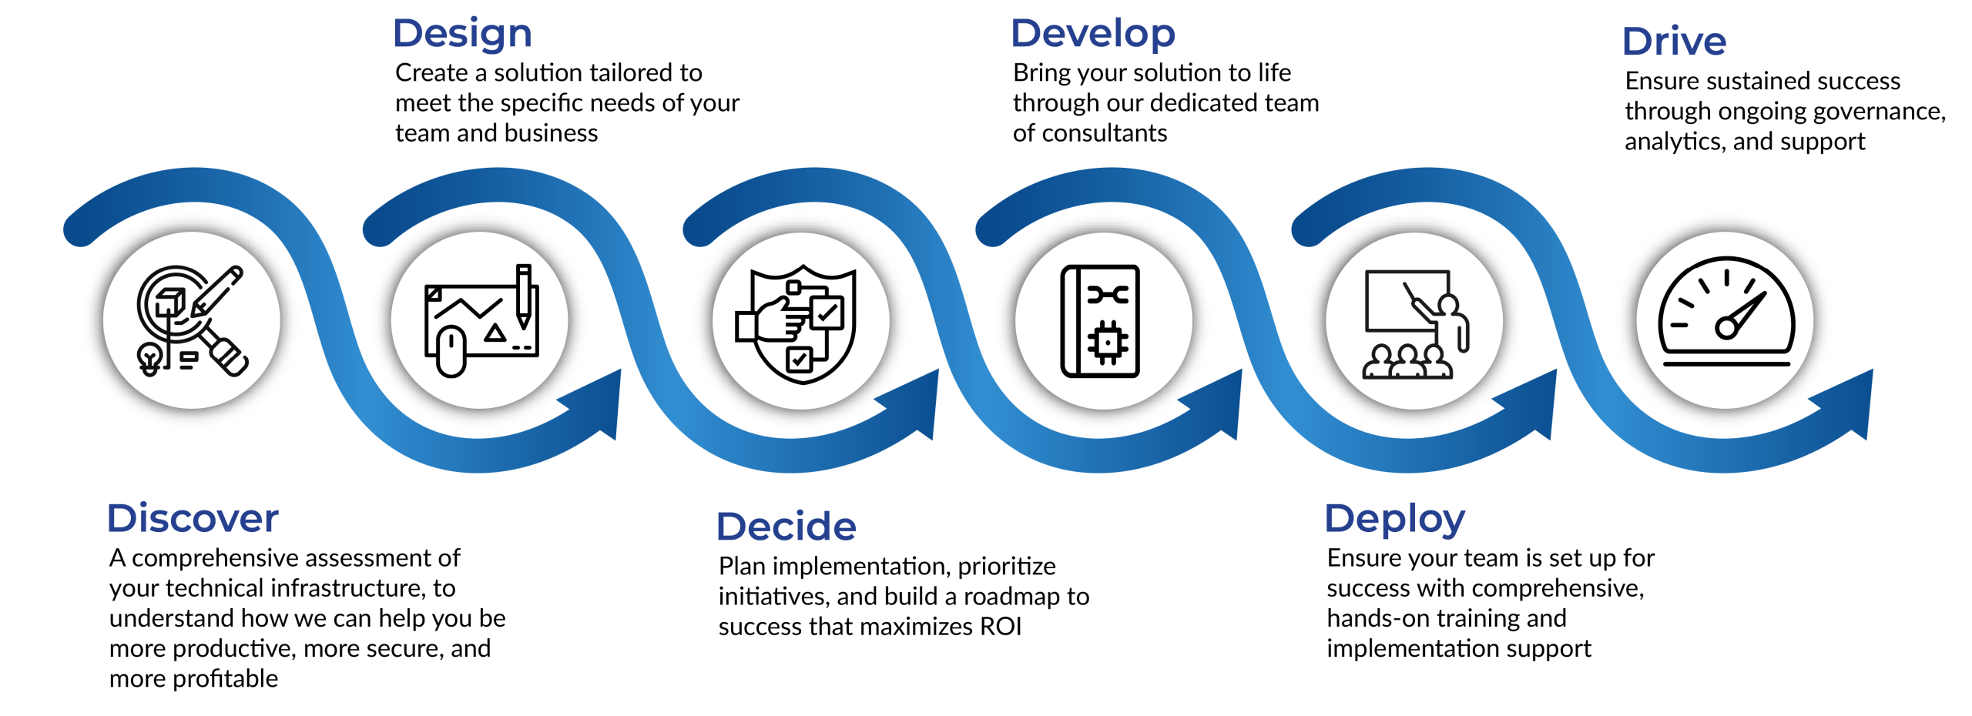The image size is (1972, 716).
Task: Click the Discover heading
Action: (193, 518)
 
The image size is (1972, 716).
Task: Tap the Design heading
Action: (462, 34)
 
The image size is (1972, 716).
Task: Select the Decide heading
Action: (786, 527)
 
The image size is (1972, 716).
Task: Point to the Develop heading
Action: (1092, 34)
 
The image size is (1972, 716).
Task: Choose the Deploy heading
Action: (1394, 519)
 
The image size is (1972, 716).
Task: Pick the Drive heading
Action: (1674, 42)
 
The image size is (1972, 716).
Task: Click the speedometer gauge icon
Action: (1725, 316)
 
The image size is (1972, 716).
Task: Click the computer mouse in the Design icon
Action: (451, 351)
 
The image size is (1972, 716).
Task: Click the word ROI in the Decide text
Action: (1000, 627)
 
